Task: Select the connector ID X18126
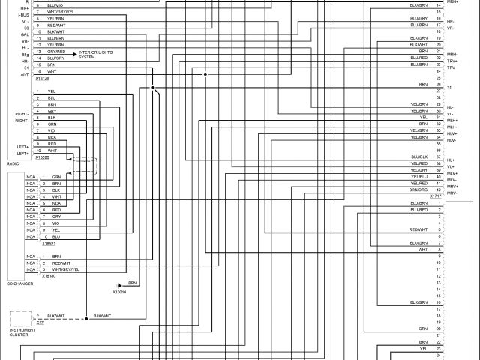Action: pos(41,78)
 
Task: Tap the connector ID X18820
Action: pos(41,157)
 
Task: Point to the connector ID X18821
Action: pos(49,243)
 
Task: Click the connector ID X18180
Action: pos(49,276)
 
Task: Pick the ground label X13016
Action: pos(120,291)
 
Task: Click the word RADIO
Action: pos(13,163)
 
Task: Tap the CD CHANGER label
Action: pos(20,284)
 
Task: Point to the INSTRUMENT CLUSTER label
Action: pos(20,331)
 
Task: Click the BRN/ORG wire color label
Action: pos(418,190)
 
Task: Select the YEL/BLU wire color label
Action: pos(418,176)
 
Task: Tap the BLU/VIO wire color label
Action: pos(55,5)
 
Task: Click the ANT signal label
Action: pos(25,73)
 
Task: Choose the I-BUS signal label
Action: pos(23,15)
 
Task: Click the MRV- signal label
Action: pos(452,192)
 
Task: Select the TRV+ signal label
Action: pos(451,61)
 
